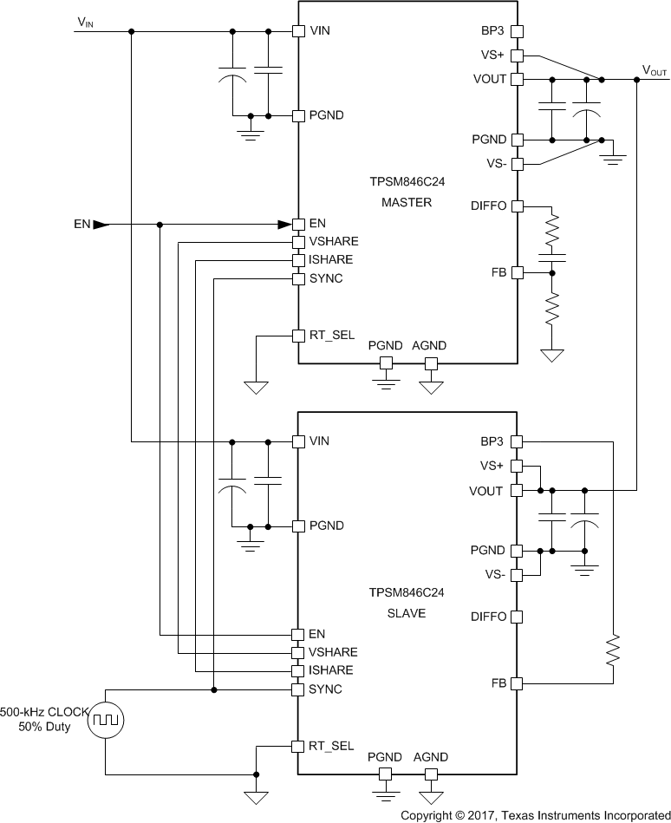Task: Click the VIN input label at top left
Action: [85, 23]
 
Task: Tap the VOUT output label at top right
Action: [655, 69]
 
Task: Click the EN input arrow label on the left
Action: [82, 224]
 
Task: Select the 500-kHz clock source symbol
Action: [106, 719]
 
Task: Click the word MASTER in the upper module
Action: [406, 203]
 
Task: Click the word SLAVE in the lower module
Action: [406, 613]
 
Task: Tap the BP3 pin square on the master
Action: [517, 31]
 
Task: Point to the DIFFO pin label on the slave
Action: [488, 617]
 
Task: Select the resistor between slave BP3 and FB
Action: [613, 650]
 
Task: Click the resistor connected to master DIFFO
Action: [551, 232]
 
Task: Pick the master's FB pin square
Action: [517, 272]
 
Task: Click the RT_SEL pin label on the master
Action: [331, 335]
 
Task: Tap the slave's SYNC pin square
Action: [297, 689]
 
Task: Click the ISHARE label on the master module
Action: [330, 259]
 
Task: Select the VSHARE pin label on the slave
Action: [333, 652]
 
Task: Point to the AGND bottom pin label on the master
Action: [429, 345]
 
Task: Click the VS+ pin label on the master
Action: [492, 55]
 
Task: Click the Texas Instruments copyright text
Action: [535, 815]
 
